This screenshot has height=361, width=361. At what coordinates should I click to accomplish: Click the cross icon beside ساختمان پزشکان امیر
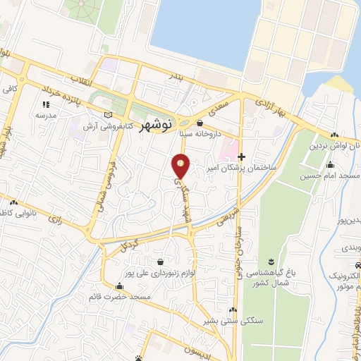[242, 157]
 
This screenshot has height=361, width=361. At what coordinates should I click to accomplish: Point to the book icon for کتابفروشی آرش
[107, 115]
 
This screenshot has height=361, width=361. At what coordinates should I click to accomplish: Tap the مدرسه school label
[45, 114]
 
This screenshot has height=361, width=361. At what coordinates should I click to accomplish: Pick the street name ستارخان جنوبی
[239, 247]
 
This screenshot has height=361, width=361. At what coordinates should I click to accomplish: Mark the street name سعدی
[220, 106]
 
